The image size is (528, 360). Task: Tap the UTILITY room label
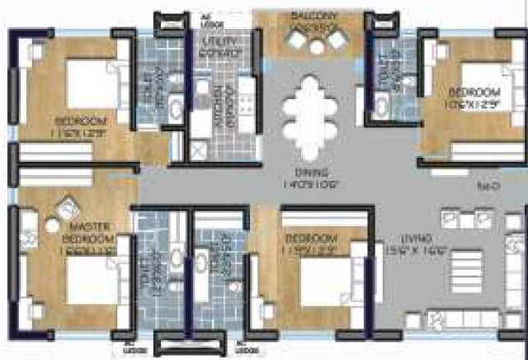click(222, 40)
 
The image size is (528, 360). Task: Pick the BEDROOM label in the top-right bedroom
click(474, 92)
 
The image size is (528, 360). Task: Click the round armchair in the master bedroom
click(67, 208)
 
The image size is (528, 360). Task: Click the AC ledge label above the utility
click(207, 19)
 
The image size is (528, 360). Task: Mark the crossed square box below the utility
click(200, 152)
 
